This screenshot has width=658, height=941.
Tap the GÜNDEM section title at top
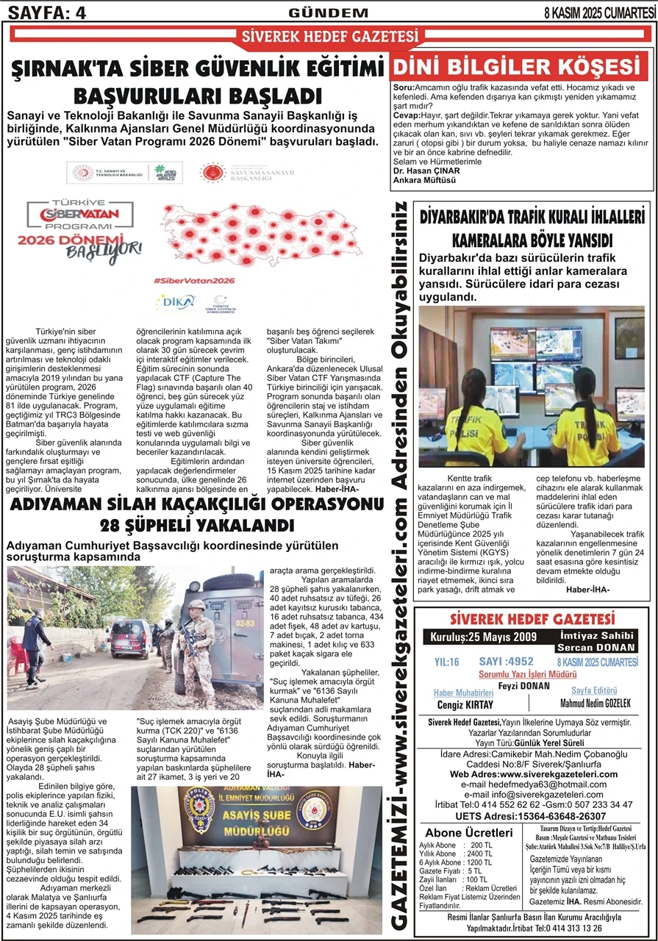(329, 12)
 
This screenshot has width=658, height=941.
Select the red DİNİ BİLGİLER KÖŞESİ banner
(521, 67)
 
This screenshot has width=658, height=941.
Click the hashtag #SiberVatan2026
(194, 281)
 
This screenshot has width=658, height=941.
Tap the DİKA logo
(175, 301)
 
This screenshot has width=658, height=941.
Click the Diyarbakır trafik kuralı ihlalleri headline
(532, 229)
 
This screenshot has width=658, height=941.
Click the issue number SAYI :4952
(506, 662)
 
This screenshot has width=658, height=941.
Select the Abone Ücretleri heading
(469, 832)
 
